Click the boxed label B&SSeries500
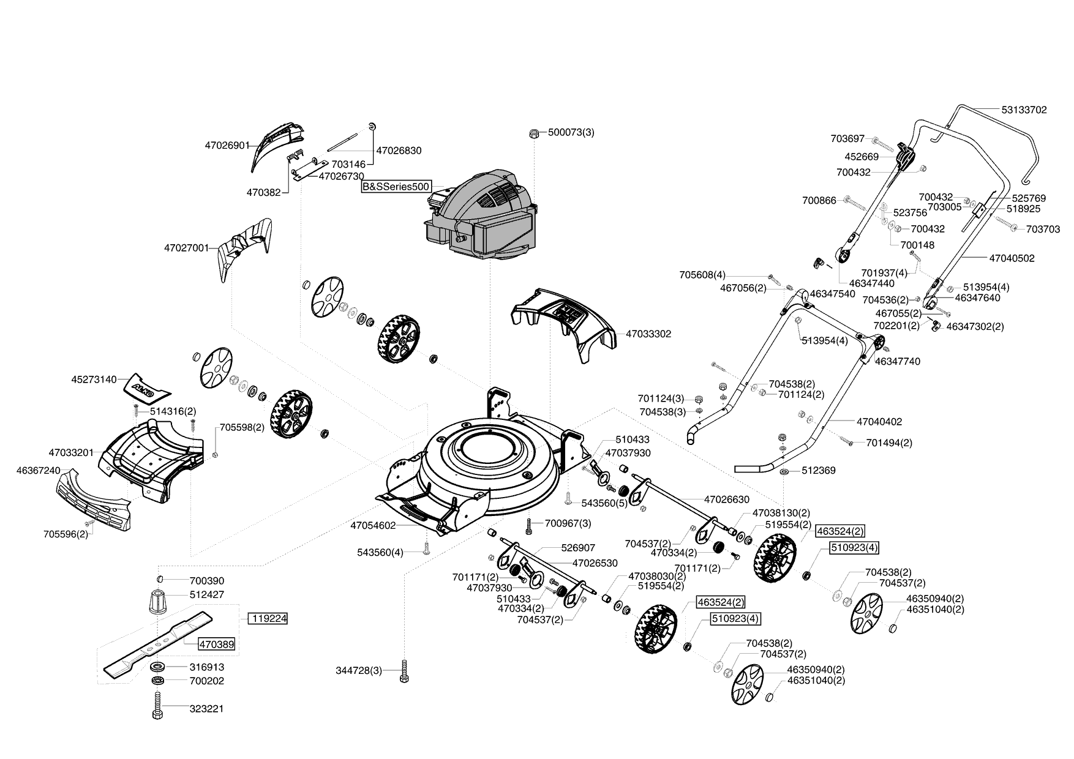396,186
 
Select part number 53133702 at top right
1024,110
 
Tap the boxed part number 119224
268,619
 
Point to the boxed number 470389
216,645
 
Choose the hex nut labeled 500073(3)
533,133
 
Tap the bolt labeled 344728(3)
404,671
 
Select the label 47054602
374,525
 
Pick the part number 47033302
648,334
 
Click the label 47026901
227,146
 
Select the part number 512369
819,471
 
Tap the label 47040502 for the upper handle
1012,258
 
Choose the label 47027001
187,248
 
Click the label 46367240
39,470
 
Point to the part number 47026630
727,499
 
